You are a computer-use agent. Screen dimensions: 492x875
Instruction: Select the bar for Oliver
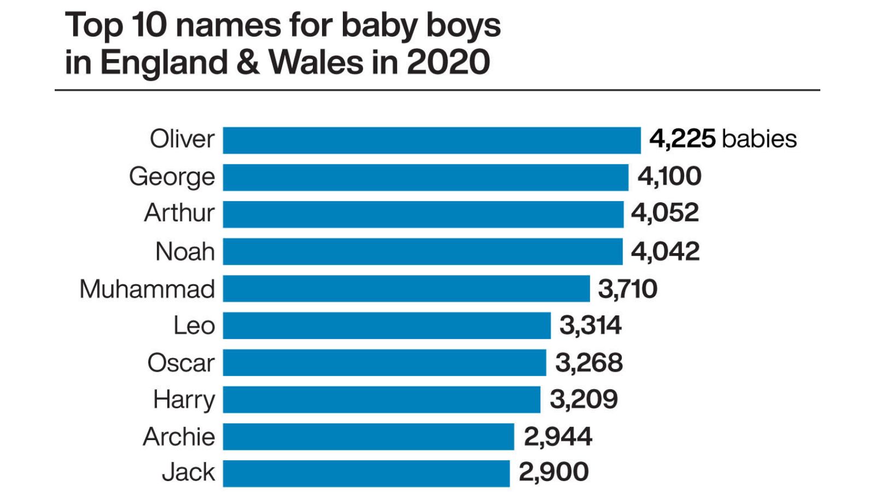coord(431,140)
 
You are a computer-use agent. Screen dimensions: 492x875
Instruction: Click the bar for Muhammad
coord(406,289)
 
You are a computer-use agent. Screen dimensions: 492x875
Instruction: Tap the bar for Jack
coord(366,473)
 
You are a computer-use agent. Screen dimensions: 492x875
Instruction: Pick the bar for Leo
coord(387,326)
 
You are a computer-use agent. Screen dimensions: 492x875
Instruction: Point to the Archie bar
coord(368,437)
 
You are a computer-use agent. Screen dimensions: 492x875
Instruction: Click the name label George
coord(172,177)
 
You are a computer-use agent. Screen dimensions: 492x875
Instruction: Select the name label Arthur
coord(179,213)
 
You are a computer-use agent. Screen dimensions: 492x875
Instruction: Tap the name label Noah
coord(185,252)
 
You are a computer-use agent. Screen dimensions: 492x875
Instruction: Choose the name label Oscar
coord(181,363)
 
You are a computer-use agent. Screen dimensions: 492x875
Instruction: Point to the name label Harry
coord(184,400)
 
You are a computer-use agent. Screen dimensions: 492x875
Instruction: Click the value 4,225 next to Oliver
coord(682,139)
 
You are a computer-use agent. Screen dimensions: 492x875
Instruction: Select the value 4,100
coord(669,177)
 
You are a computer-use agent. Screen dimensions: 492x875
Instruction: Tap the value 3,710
coord(628,289)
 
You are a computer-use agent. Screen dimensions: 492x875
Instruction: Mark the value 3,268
coord(589,363)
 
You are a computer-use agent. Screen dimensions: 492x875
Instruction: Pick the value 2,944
coord(558,437)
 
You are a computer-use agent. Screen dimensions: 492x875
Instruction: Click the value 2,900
coord(553,472)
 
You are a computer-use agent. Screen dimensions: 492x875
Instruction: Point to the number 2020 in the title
coord(448,62)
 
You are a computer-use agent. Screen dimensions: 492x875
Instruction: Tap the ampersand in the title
coord(248,62)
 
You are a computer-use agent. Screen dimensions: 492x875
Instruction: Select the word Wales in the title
coord(316,62)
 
